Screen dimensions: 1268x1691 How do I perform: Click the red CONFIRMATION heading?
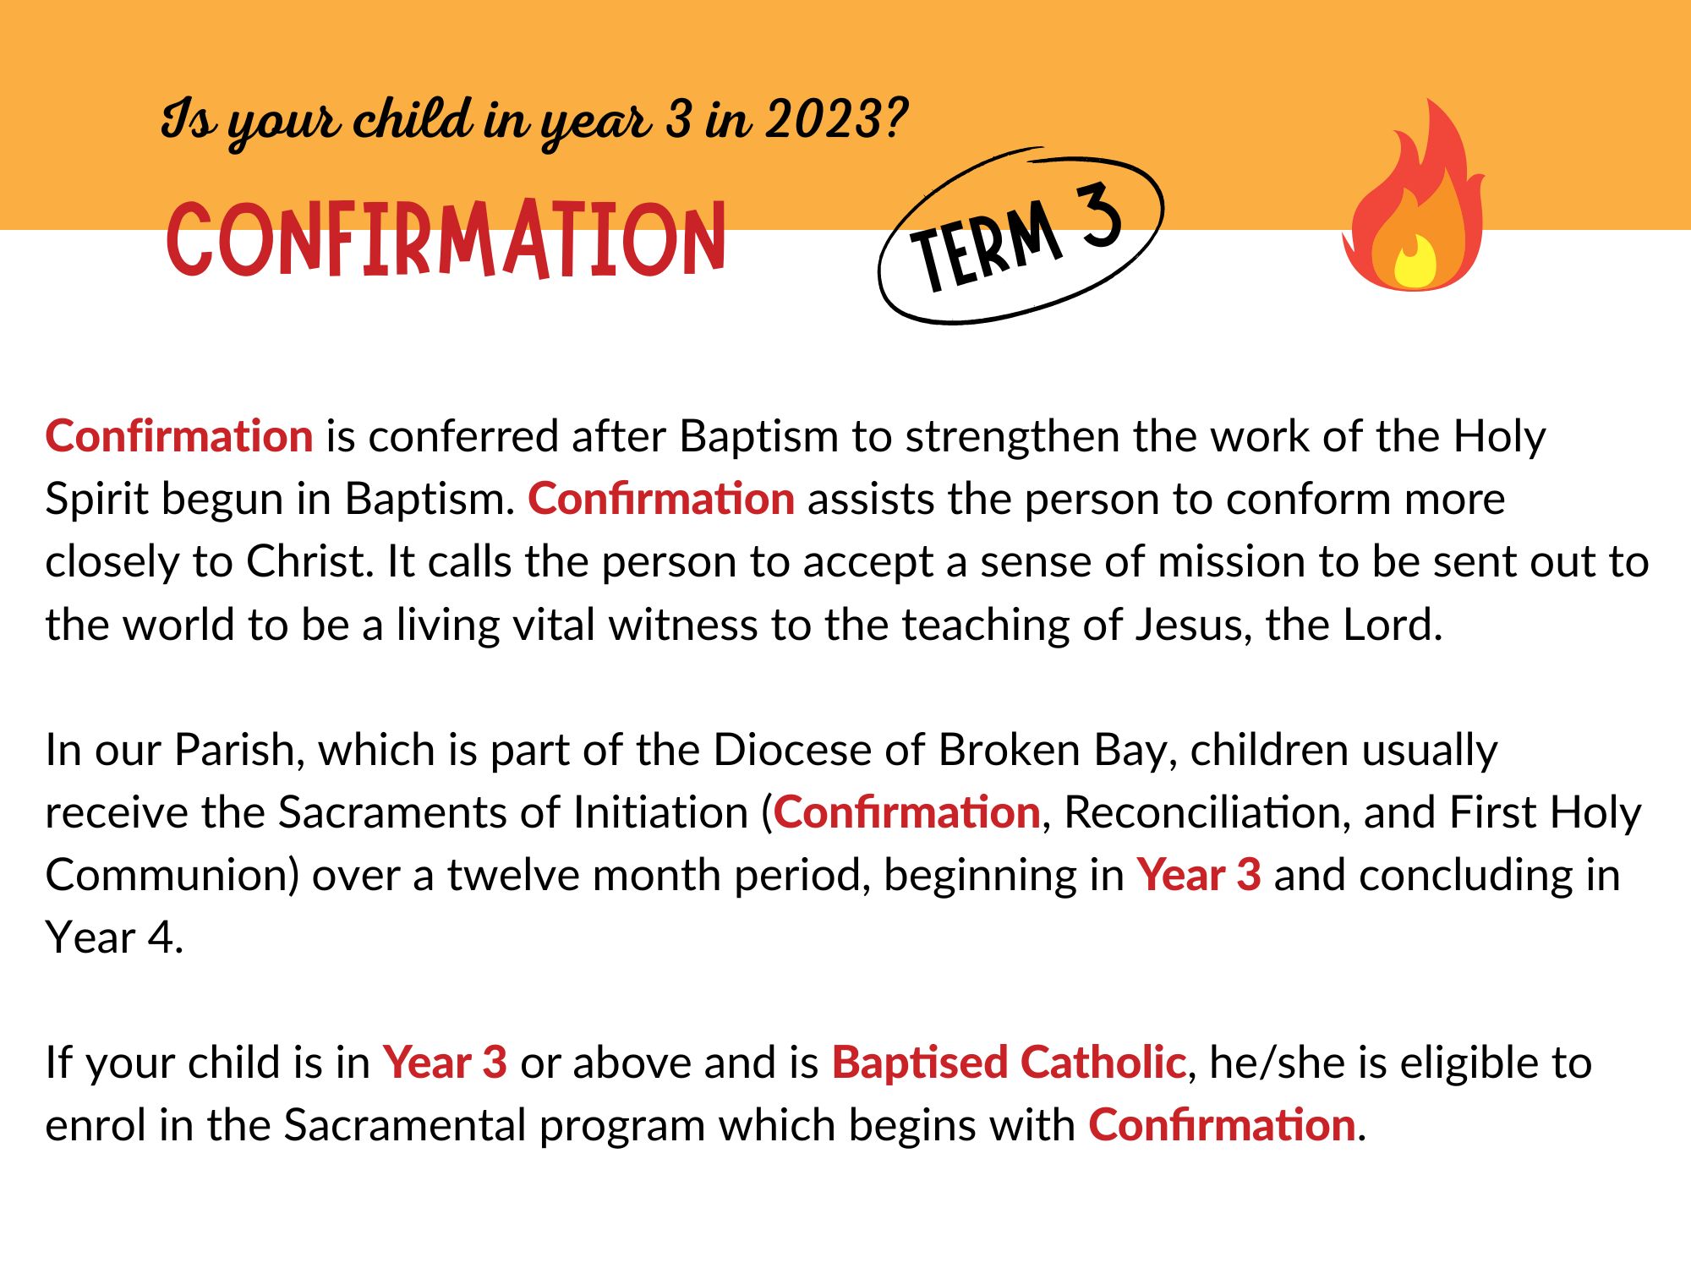446,238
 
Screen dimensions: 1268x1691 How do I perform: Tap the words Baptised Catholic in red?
1009,1063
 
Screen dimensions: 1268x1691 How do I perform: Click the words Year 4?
113,937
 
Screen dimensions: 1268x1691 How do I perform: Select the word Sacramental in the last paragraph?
404,1125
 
